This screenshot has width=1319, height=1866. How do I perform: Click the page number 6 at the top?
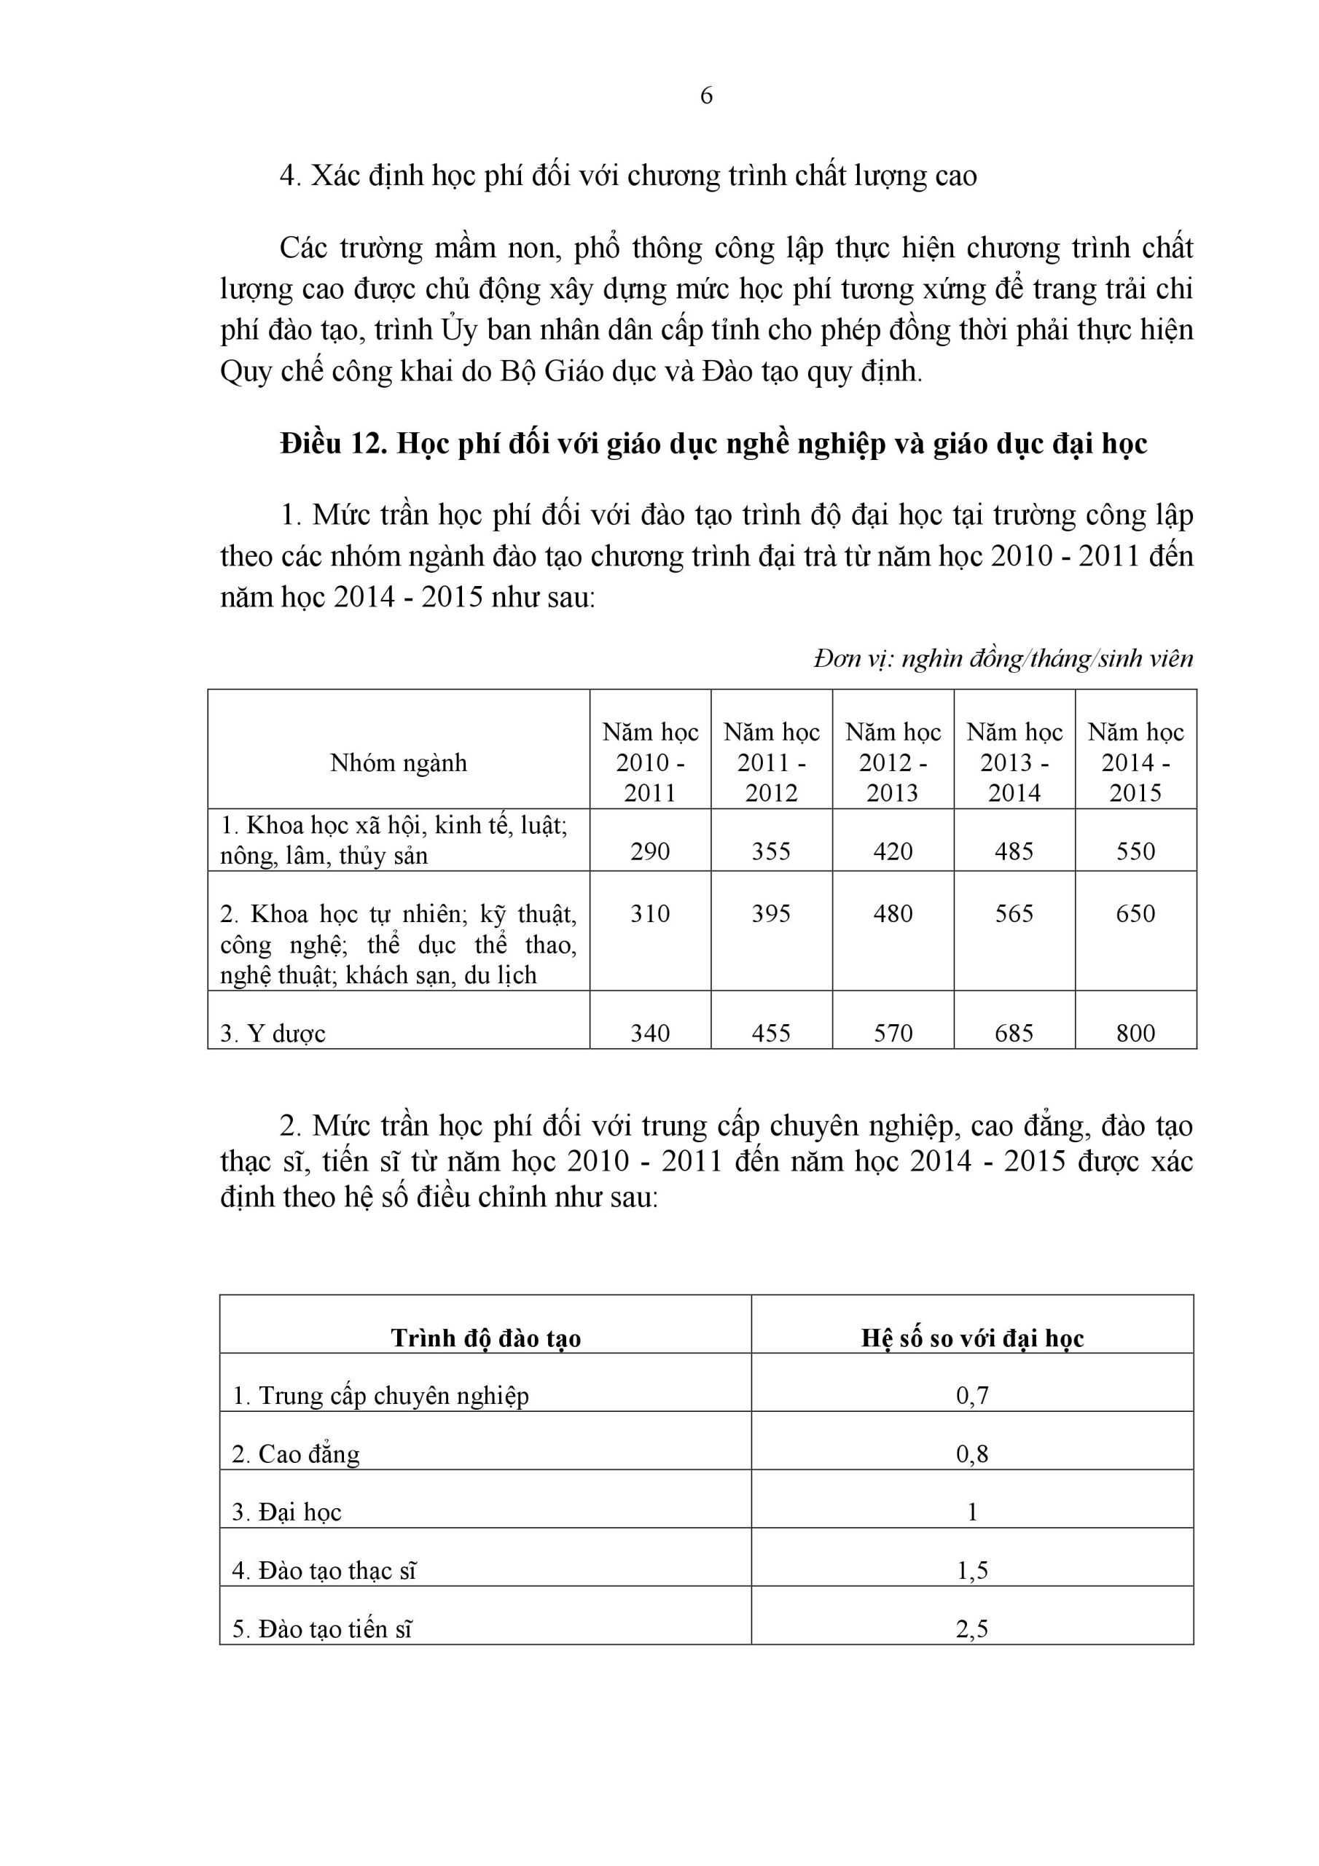pyautogui.click(x=706, y=96)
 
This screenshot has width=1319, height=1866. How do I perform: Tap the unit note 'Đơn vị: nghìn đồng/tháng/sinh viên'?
pyautogui.click(x=1003, y=658)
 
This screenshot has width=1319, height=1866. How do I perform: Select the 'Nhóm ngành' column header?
pyautogui.click(x=398, y=762)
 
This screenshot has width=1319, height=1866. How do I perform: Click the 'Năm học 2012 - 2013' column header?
pyautogui.click(x=893, y=762)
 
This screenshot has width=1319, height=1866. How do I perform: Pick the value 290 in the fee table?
pyautogui.click(x=650, y=851)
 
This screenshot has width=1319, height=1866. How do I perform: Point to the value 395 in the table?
pyautogui.click(x=771, y=913)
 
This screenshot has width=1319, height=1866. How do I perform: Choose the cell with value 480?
pyautogui.click(x=893, y=913)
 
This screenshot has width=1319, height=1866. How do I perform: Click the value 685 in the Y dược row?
pyautogui.click(x=1014, y=1033)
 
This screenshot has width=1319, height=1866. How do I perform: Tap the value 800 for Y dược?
pyautogui.click(x=1135, y=1033)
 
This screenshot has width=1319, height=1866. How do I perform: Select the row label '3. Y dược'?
pyautogui.click(x=273, y=1034)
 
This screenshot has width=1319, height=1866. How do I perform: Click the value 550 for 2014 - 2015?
pyautogui.click(x=1135, y=851)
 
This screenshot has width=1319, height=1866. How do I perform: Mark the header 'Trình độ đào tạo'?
pyautogui.click(x=485, y=1338)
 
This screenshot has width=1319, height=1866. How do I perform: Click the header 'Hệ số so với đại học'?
pyautogui.click(x=972, y=1338)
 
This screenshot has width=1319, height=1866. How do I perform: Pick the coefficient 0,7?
pyautogui.click(x=972, y=1395)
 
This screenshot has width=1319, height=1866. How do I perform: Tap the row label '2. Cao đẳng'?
pyautogui.click(x=296, y=1454)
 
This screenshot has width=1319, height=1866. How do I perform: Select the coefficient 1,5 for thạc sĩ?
pyautogui.click(x=972, y=1570)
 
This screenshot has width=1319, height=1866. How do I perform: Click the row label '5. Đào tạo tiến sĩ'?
pyautogui.click(x=323, y=1628)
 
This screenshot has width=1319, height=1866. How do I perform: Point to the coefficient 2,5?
pyautogui.click(x=972, y=1628)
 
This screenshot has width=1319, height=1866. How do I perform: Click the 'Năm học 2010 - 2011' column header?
pyautogui.click(x=650, y=762)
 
